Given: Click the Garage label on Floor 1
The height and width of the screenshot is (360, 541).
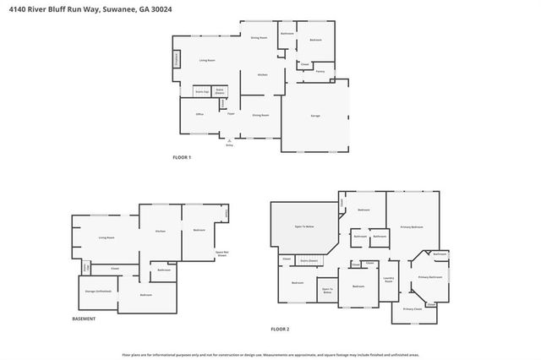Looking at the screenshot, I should [315, 116].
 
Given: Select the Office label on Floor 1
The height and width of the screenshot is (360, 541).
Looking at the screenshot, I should [200, 114].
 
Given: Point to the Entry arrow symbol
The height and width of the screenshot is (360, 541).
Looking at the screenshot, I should [228, 139].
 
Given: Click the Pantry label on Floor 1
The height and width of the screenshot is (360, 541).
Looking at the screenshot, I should [320, 72].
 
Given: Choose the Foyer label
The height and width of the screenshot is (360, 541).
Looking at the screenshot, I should [230, 113].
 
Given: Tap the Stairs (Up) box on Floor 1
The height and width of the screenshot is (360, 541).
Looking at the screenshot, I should [202, 90].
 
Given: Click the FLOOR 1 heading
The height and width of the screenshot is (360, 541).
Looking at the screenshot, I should [183, 158].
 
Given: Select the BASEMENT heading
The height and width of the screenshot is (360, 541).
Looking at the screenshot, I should [84, 319].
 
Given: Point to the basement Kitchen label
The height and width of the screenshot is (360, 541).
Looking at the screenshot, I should [159, 232].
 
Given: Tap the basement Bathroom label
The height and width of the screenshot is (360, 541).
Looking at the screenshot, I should [164, 270].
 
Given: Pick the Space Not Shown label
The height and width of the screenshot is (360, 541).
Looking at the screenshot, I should [223, 253].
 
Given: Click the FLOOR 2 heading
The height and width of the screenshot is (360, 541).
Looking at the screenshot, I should [280, 328].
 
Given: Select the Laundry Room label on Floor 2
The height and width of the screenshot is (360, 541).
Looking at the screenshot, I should [390, 280].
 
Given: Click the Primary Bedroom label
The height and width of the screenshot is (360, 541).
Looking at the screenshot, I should [412, 227].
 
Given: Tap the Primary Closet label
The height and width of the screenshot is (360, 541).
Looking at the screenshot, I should [412, 309].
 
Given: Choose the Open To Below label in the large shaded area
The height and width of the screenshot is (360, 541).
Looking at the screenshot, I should [304, 227].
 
